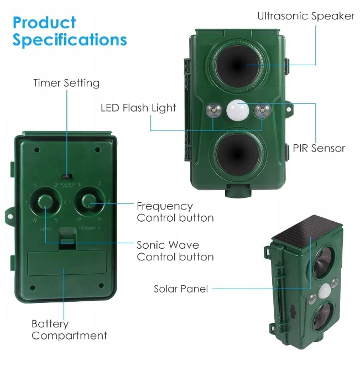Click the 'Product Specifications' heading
tap(70, 32)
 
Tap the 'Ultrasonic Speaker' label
tap(305, 16)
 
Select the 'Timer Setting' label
tap(66, 83)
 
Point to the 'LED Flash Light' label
tap(138, 108)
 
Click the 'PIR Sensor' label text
tap(319, 148)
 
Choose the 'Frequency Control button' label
tap(175, 212)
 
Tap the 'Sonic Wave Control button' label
tap(175, 250)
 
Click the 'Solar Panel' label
tap(181, 289)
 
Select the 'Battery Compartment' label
tap(69, 330)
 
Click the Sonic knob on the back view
tap(44, 202)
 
